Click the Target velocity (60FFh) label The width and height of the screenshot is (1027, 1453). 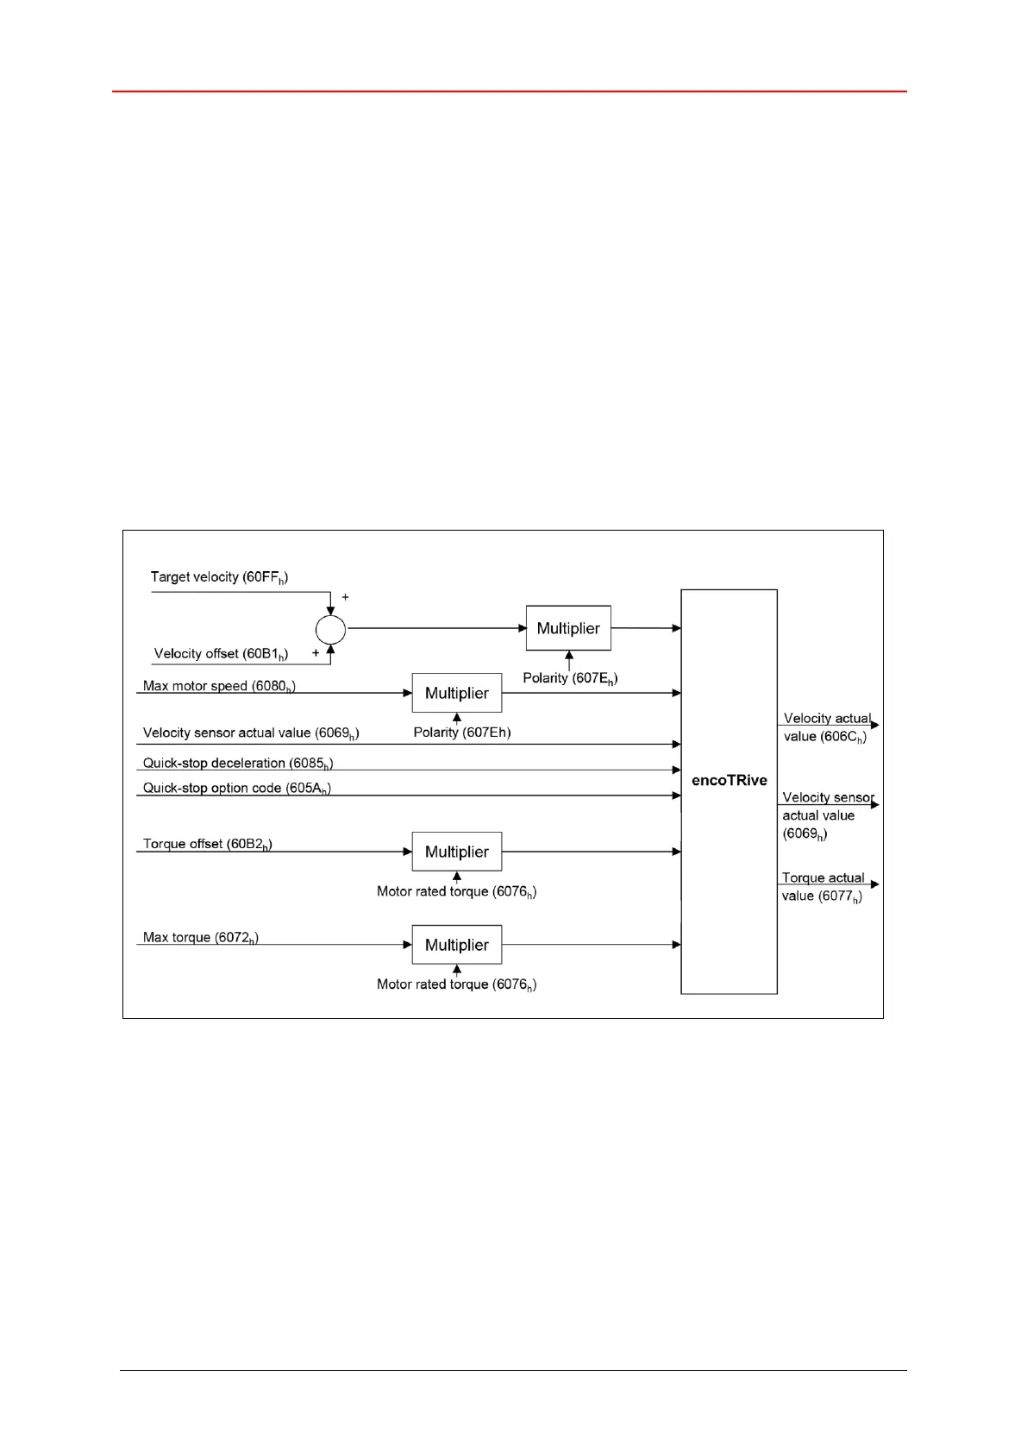(219, 577)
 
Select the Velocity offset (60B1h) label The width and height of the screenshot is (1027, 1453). (221, 654)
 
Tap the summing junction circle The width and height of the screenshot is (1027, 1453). (330, 630)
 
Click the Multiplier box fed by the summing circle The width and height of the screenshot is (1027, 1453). (568, 628)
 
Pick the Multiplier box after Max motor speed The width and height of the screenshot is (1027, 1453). (457, 693)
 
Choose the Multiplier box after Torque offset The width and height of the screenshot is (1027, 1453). (457, 852)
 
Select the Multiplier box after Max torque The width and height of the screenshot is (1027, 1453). (457, 945)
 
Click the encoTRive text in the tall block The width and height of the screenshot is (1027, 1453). (729, 780)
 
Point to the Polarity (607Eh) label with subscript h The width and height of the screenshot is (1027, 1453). (570, 678)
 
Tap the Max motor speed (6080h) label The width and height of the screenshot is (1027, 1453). (219, 687)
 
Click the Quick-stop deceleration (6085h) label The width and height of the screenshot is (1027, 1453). (238, 764)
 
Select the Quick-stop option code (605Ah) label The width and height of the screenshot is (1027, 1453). (237, 789)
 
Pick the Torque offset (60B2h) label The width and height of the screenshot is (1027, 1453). (208, 845)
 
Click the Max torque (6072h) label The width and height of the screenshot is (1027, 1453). (201, 938)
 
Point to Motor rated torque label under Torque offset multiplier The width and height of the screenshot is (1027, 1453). (456, 892)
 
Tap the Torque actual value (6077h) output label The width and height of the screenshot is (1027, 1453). (822, 887)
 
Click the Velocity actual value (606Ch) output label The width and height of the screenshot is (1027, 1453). (826, 727)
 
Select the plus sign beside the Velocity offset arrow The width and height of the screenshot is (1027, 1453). (316, 653)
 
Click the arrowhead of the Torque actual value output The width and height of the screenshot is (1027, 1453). (874, 884)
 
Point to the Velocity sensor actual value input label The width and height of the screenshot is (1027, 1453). (251, 733)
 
